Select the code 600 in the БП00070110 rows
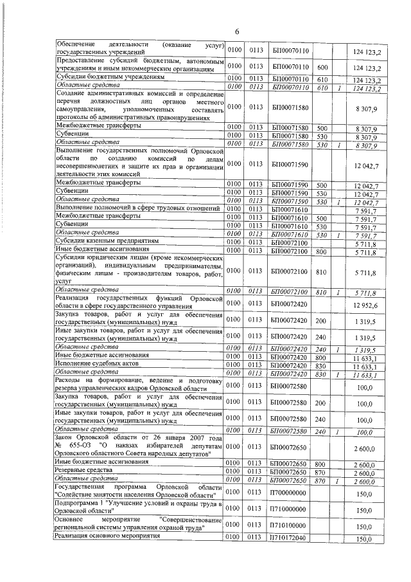322,67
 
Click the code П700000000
287,493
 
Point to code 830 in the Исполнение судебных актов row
322,363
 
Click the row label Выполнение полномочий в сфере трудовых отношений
132,209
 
